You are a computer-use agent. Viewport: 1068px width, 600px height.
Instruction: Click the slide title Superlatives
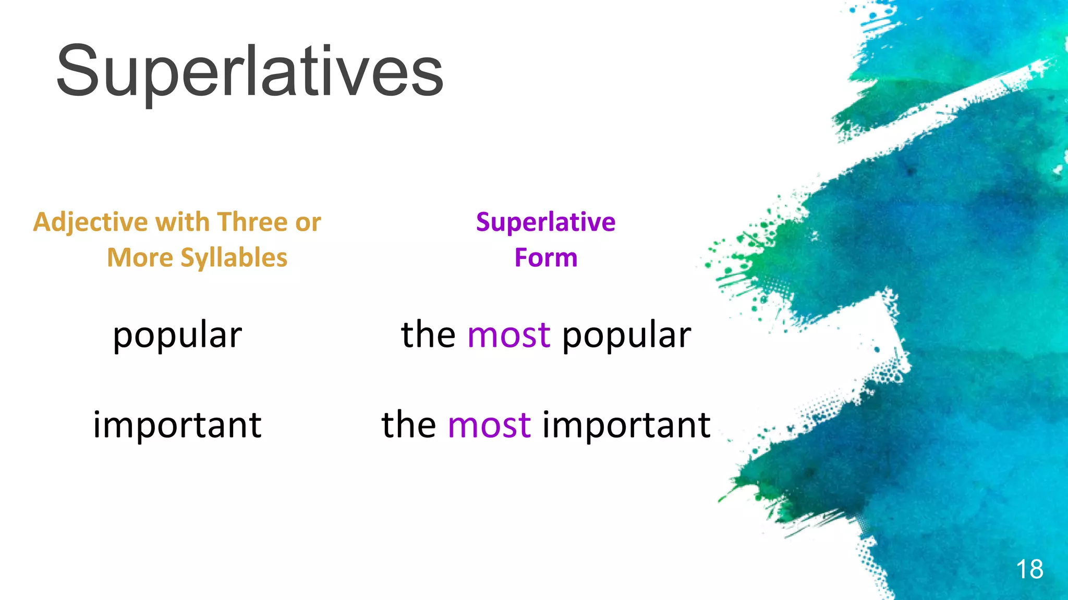click(x=249, y=72)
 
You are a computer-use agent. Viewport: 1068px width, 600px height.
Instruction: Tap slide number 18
click(x=1029, y=569)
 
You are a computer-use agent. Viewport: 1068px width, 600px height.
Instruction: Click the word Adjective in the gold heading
click(x=90, y=222)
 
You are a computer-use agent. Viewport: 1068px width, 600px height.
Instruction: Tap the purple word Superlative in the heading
click(x=545, y=222)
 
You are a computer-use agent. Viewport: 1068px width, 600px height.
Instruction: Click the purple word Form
click(x=545, y=258)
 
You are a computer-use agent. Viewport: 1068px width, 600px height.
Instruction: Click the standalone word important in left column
click(x=177, y=424)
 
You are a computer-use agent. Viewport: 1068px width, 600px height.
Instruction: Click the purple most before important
click(x=489, y=424)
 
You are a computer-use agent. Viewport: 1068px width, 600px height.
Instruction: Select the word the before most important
click(x=408, y=424)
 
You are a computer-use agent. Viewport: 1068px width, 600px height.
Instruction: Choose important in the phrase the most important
click(x=626, y=424)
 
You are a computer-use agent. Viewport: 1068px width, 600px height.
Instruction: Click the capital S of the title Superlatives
click(x=78, y=72)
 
